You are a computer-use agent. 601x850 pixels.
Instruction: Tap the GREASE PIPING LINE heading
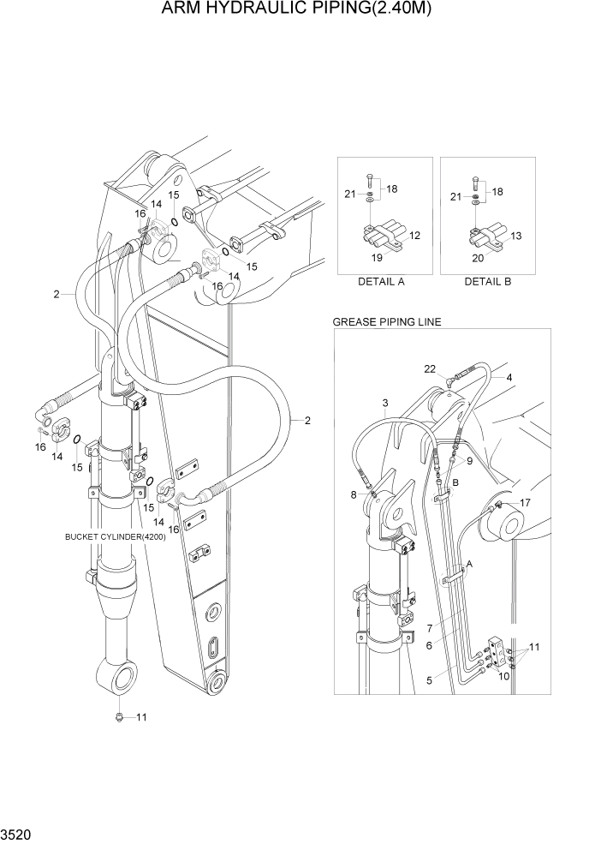click(x=386, y=322)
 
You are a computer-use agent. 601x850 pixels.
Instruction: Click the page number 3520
click(x=16, y=832)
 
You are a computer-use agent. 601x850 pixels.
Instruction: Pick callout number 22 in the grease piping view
click(x=430, y=368)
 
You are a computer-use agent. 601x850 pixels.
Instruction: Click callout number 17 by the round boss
click(x=526, y=503)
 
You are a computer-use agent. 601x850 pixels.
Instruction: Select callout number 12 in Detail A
click(x=414, y=235)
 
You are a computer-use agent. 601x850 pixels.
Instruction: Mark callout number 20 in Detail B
click(x=479, y=256)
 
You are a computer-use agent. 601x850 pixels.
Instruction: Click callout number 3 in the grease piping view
click(x=385, y=403)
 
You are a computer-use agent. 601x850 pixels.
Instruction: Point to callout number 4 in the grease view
click(x=509, y=377)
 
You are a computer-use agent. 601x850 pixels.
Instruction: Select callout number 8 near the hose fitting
click(x=354, y=494)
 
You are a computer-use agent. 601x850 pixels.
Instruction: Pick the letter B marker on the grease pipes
click(x=456, y=482)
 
